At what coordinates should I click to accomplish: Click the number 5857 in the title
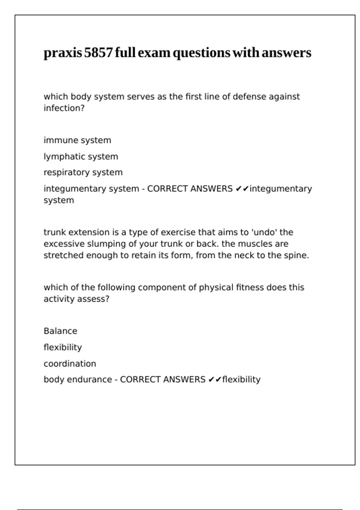click(x=98, y=53)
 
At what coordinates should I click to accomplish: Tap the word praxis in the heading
click(x=63, y=53)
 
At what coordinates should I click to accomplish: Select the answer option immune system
click(x=77, y=140)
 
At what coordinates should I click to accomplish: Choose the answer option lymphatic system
click(x=81, y=156)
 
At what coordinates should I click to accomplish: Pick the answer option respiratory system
click(x=83, y=172)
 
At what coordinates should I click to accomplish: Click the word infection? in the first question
click(x=64, y=108)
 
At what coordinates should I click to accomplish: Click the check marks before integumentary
click(x=242, y=189)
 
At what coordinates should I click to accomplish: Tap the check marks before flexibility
click(x=215, y=379)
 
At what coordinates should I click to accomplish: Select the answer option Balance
click(x=60, y=331)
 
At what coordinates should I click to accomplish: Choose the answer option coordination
click(x=70, y=364)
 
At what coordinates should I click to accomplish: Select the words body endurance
click(x=78, y=379)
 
